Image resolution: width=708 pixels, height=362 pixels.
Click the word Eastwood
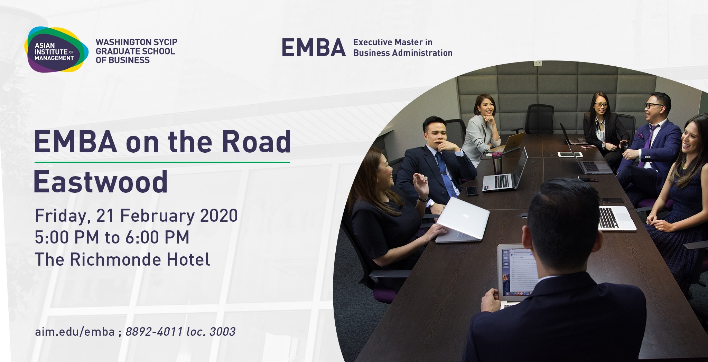[101, 182]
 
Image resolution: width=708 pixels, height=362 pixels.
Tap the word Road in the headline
[256, 142]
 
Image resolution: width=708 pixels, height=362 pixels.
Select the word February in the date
[157, 216]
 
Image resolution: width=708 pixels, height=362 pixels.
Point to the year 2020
[219, 216]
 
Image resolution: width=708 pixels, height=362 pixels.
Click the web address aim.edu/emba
[75, 332]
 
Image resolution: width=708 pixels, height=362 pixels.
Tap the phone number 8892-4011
[154, 332]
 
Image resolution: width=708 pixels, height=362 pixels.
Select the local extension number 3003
[222, 332]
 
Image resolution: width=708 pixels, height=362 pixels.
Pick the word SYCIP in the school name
[166, 42]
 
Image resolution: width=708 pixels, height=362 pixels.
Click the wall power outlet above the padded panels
[538, 63]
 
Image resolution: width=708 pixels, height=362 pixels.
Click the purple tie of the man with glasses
[646, 145]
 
